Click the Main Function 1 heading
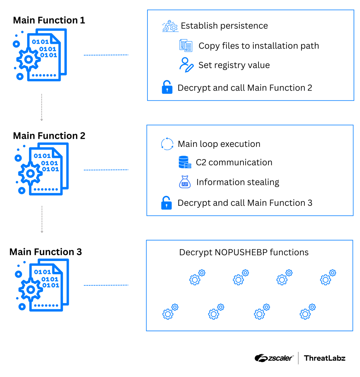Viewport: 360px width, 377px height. tap(49, 20)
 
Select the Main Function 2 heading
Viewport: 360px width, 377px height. tap(49, 136)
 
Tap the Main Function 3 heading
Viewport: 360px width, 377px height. tap(46, 252)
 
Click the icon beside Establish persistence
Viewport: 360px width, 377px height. tap(170, 26)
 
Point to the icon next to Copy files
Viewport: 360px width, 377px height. tap(186, 46)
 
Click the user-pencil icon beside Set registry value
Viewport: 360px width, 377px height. tap(186, 65)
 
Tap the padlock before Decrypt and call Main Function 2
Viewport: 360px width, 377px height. tap(167, 88)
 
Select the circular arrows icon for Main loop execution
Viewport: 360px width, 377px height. tap(167, 144)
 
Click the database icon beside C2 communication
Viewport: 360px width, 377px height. tap(185, 162)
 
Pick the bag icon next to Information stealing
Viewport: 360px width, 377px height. tap(185, 182)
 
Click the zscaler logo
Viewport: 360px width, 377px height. tap(274, 358)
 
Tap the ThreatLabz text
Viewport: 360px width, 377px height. tap(325, 358)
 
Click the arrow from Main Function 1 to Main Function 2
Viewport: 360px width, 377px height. tap(42, 108)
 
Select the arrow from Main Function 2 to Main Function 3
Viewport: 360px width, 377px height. tap(42, 219)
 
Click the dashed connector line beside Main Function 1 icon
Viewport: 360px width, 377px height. tap(106, 55)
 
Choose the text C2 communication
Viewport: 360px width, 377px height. tap(234, 162)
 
